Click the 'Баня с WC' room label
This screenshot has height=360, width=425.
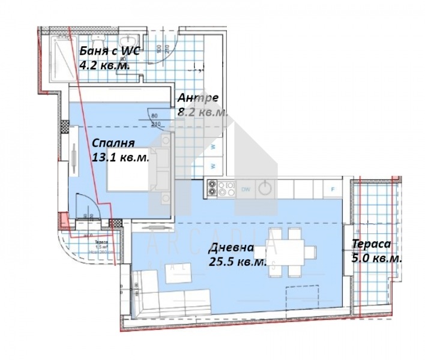click(109, 51)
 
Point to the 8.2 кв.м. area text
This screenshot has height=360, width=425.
click(203, 112)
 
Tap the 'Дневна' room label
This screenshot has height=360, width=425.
click(231, 248)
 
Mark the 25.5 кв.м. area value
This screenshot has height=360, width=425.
click(237, 262)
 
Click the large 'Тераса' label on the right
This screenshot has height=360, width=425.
click(371, 244)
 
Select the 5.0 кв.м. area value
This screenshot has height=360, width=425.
click(376, 259)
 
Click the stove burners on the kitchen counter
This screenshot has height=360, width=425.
click(220, 188)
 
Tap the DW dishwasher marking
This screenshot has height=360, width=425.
click(246, 188)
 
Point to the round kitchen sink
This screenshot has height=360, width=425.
click(265, 188)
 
